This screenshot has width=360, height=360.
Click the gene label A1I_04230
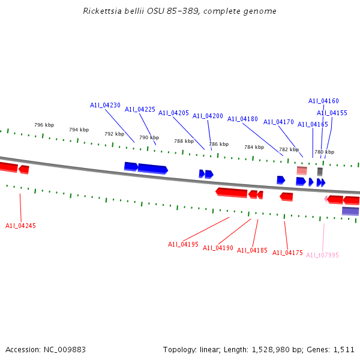pyautogui.click(x=105, y=105)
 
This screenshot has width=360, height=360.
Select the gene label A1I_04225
pyautogui.click(x=140, y=109)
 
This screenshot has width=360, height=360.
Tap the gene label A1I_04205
pyautogui.click(x=173, y=113)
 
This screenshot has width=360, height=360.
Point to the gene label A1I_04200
pyautogui.click(x=208, y=116)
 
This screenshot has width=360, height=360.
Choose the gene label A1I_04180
pyautogui.click(x=242, y=119)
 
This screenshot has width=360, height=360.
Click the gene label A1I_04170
pyautogui.click(x=278, y=122)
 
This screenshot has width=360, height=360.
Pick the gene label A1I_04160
pyautogui.click(x=323, y=101)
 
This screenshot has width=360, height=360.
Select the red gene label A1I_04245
pyautogui.click(x=20, y=226)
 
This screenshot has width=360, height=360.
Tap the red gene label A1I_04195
pyautogui.click(x=183, y=244)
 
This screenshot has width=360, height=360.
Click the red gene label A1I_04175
pyautogui.click(x=287, y=253)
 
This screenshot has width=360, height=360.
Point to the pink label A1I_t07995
pyautogui.click(x=322, y=255)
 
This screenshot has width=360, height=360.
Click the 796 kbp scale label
pyautogui.click(x=44, y=125)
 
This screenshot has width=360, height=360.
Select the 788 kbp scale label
pyautogui.click(x=184, y=141)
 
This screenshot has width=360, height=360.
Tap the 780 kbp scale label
pyautogui.click(x=324, y=152)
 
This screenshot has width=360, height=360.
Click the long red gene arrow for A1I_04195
pyautogui.click(x=232, y=192)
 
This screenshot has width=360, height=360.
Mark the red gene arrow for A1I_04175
pyautogui.click(x=287, y=196)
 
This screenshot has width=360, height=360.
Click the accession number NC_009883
pyautogui.click(x=63, y=349)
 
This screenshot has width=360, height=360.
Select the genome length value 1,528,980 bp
pyautogui.click(x=278, y=349)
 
